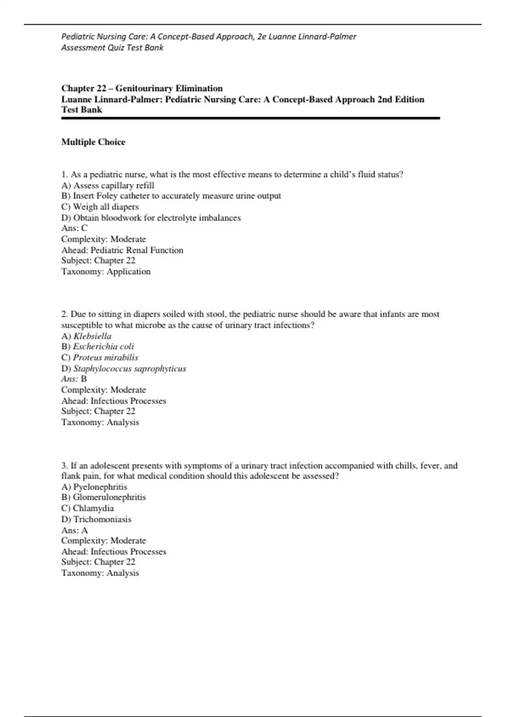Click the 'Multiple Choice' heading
[93, 142]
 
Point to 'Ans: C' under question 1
[74, 228]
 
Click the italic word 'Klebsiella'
[92, 336]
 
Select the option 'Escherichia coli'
[103, 347]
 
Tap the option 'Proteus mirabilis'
[105, 358]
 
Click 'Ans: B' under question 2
[74, 379]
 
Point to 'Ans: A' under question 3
[74, 530]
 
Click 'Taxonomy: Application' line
[106, 272]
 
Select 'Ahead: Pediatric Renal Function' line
[122, 250]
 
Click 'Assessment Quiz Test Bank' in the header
[112, 48]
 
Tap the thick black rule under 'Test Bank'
[250, 119]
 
